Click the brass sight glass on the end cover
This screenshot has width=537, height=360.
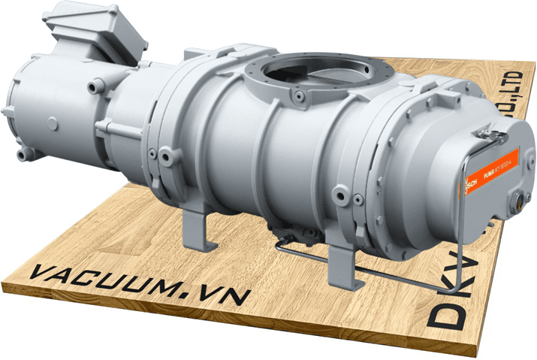click(519, 202)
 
